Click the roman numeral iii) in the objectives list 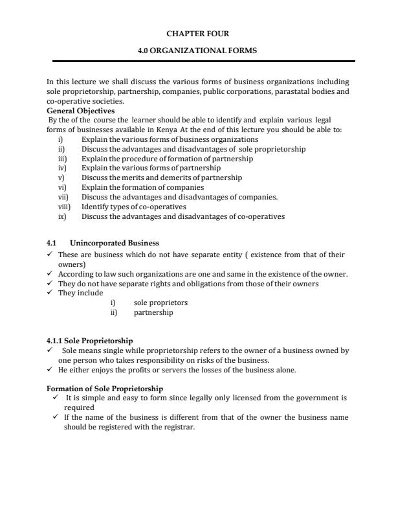62,158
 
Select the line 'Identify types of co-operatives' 134,207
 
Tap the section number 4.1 52,243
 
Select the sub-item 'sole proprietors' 161,302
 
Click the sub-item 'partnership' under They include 153,312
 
